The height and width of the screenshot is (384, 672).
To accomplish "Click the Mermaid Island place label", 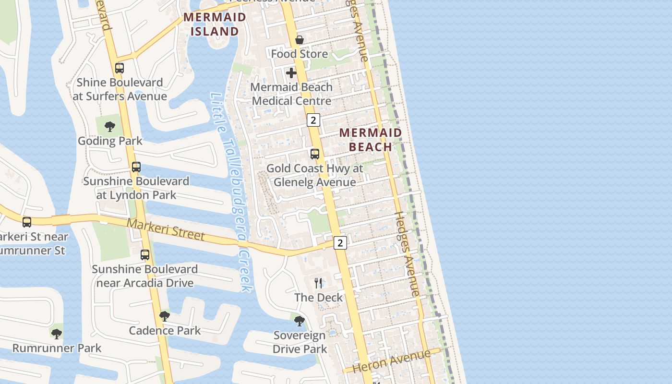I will (x=215, y=24).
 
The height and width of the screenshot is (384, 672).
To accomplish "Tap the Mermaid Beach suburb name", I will (x=370, y=140).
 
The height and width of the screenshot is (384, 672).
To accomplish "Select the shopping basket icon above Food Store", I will (x=300, y=40).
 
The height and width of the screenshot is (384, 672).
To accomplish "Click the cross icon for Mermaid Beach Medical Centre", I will (x=291, y=73).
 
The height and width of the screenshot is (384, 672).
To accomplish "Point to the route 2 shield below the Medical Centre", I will (x=313, y=120).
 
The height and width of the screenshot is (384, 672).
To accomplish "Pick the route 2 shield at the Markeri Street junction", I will (x=340, y=243).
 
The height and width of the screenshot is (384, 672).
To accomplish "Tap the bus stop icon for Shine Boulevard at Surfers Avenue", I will (x=120, y=68).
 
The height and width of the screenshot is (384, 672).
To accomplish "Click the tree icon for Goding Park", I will (x=110, y=127).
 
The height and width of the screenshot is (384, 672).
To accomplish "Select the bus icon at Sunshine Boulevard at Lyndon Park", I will (x=136, y=167).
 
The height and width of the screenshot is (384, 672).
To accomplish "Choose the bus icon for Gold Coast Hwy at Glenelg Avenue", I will (x=315, y=154).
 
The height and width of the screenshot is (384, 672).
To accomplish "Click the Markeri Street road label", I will (x=166, y=230).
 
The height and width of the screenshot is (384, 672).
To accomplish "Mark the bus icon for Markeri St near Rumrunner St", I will (x=27, y=222).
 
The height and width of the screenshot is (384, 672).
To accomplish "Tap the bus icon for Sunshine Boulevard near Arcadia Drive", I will (x=145, y=255).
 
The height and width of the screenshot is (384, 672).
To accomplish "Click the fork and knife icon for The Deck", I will (x=318, y=283).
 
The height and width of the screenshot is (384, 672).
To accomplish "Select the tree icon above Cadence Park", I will (x=164, y=316).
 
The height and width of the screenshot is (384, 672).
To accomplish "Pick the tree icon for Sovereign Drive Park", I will (x=300, y=321).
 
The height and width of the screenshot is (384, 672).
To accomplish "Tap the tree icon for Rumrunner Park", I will (x=57, y=334).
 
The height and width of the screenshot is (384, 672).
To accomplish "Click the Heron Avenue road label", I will (x=392, y=361).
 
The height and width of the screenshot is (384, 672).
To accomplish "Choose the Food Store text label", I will (x=300, y=54).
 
